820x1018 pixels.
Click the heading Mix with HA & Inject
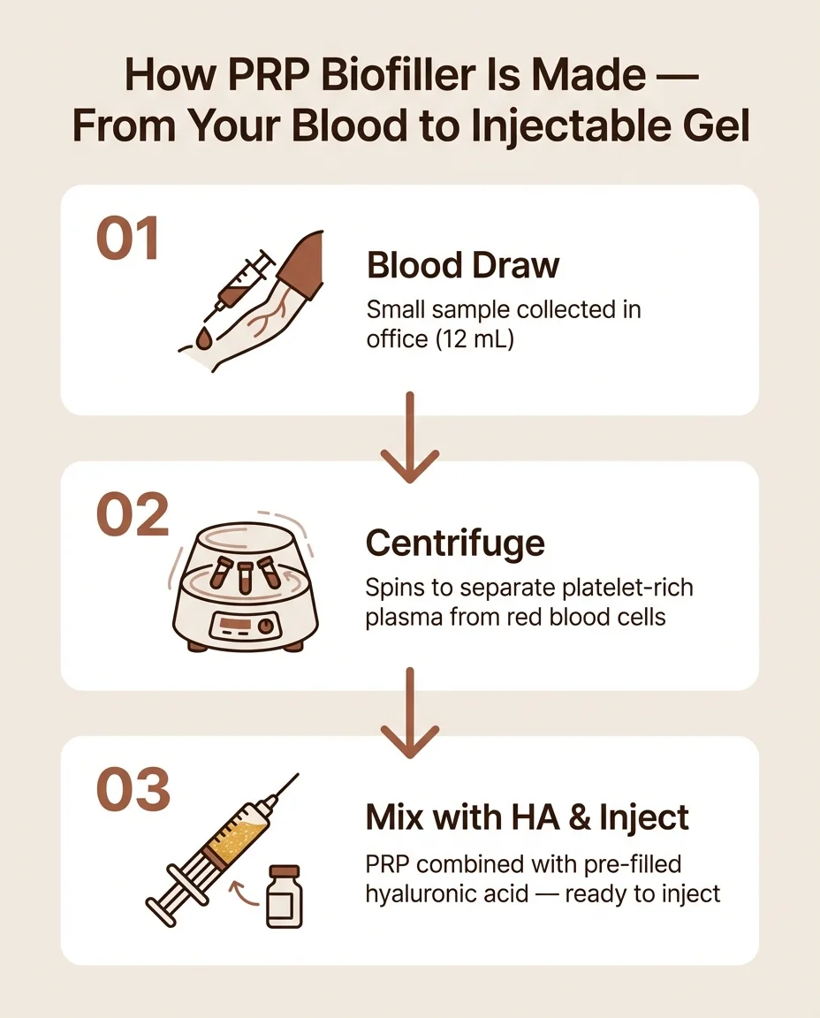tap(527, 817)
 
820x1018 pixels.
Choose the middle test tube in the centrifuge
tap(245, 575)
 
